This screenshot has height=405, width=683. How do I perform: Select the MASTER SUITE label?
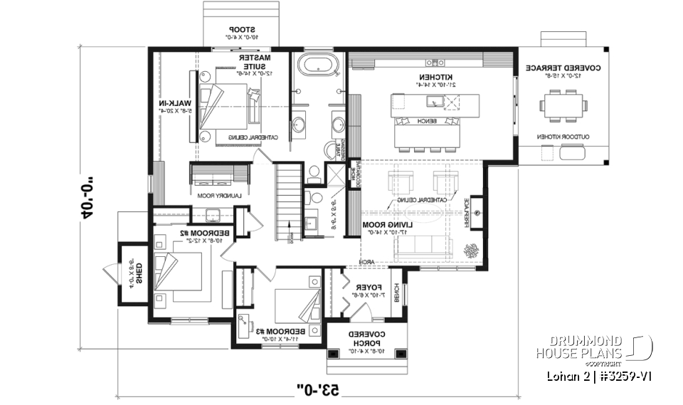[x=254, y=62]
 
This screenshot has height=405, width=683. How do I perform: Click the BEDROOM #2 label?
[x=173, y=233]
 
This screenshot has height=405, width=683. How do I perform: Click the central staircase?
[x=287, y=203]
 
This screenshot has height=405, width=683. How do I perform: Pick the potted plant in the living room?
[x=470, y=251]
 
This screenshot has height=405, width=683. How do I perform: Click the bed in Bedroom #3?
[x=292, y=303]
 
